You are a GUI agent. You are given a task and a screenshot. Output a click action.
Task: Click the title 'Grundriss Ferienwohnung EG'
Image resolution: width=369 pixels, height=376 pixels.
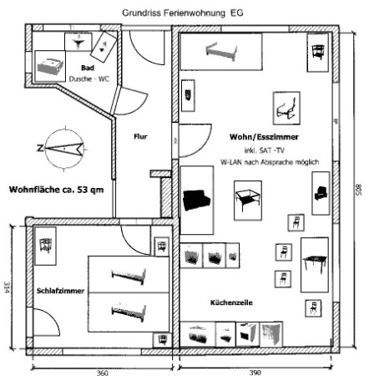click(183, 13)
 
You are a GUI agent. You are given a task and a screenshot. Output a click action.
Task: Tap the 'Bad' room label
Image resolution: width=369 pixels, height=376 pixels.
click(88, 68)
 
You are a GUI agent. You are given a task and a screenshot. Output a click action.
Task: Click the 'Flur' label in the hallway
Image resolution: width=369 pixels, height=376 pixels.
click(140, 136)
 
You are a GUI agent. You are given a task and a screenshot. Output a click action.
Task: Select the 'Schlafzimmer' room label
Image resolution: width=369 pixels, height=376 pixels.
click(60, 291)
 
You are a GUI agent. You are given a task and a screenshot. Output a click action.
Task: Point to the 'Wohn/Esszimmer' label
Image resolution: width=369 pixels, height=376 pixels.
click(264, 137)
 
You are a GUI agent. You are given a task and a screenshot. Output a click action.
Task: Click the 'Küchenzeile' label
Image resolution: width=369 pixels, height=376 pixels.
click(231, 302)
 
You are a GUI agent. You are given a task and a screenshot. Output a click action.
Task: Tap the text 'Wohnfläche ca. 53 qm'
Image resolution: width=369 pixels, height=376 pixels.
click(57, 190)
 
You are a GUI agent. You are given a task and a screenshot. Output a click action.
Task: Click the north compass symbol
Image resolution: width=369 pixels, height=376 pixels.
click(64, 149)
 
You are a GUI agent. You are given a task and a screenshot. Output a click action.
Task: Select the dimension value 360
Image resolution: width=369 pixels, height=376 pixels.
click(102, 373)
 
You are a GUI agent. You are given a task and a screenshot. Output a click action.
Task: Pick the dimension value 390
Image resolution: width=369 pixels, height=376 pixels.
click(255, 373)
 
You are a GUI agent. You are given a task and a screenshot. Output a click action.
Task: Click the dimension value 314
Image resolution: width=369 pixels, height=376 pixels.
click(7, 287)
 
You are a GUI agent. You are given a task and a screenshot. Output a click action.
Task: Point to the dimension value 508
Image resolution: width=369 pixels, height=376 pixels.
click(359, 190)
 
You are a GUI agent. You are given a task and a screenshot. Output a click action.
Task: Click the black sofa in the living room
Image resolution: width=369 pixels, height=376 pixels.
click(196, 200)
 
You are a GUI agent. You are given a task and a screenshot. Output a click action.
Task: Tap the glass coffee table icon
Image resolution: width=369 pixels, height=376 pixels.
click(248, 200)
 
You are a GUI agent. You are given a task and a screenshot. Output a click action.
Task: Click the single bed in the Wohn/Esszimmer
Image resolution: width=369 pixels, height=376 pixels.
click(221, 52)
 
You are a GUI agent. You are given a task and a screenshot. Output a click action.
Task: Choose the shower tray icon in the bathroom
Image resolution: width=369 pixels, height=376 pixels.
click(50, 66)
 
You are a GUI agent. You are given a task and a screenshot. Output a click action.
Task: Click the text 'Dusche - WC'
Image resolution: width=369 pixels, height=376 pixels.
click(89, 79)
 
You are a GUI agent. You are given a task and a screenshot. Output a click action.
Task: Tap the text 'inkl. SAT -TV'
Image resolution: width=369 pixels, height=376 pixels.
click(265, 150)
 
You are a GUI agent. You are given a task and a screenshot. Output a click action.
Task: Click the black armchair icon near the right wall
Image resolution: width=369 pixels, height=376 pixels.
click(321, 193)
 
